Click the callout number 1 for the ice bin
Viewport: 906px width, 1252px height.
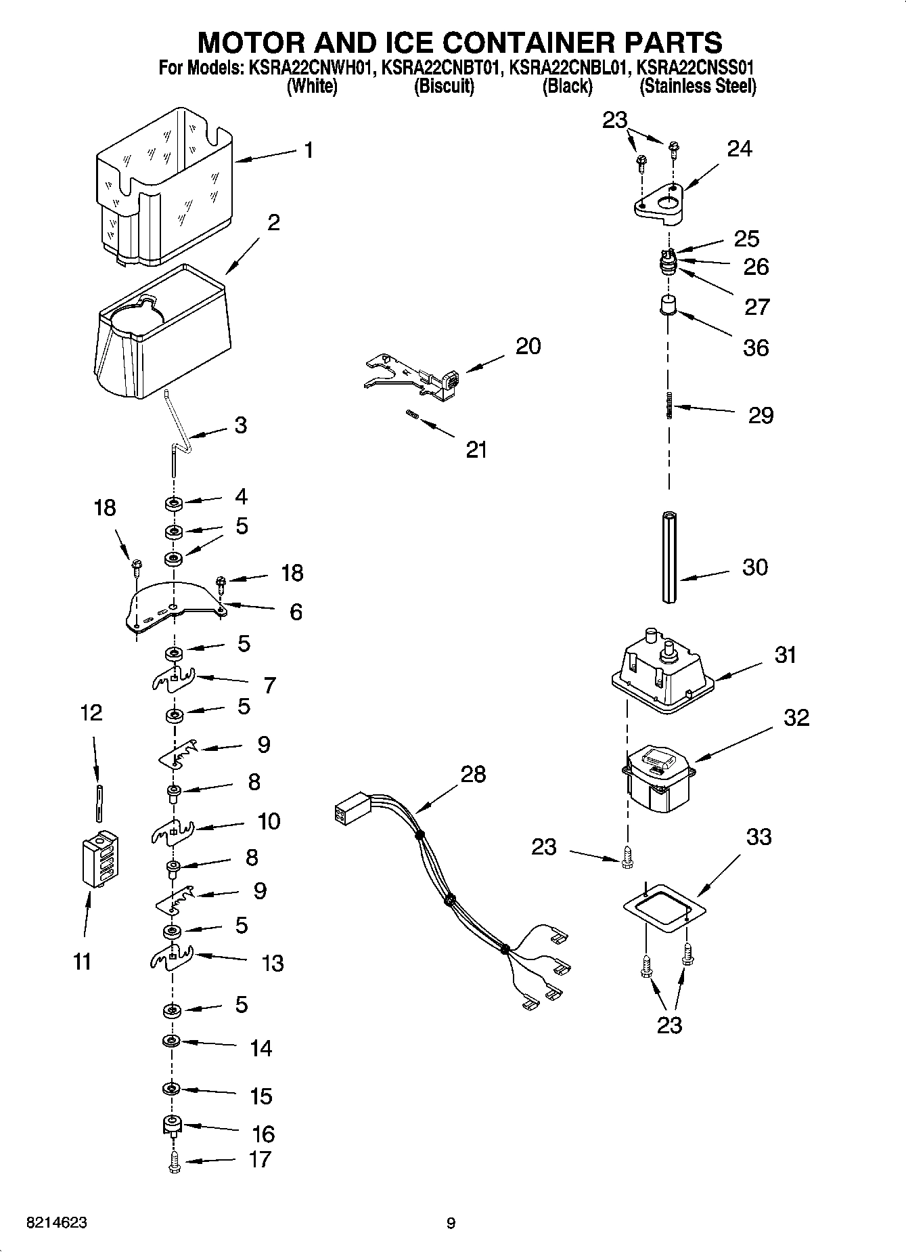(309, 150)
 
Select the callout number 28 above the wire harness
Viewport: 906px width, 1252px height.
(473, 774)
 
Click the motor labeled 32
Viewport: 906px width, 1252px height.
(658, 779)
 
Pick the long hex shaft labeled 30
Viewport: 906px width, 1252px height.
(669, 557)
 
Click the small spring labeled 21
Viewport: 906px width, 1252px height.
(411, 414)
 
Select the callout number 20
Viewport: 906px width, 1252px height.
(528, 346)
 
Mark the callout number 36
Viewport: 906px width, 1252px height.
(755, 347)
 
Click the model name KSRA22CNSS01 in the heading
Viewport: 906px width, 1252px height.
(696, 68)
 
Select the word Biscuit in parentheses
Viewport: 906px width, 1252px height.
(444, 87)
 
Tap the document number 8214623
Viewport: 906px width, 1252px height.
(56, 1223)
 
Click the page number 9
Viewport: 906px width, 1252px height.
(451, 1223)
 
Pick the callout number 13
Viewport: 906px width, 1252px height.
(273, 963)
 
